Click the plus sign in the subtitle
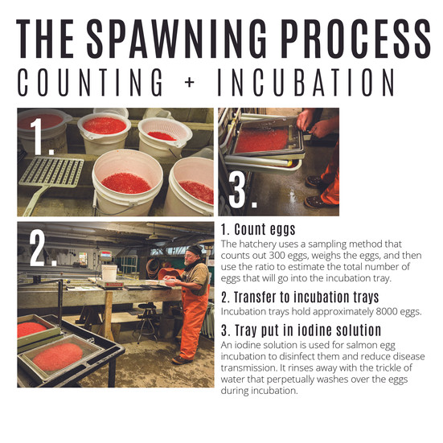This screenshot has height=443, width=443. pyautogui.click(x=190, y=82)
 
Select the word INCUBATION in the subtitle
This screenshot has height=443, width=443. pyautogui.click(x=306, y=82)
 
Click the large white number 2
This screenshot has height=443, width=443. pyautogui.click(x=40, y=248)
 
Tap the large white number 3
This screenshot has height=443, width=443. pyautogui.click(x=241, y=190)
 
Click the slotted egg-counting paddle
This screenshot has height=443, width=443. pyautogui.click(x=49, y=177)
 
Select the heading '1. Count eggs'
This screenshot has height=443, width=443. pyautogui.click(x=258, y=229)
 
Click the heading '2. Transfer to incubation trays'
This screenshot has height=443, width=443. pyautogui.click(x=300, y=297)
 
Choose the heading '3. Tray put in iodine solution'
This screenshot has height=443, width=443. pyautogui.click(x=301, y=330)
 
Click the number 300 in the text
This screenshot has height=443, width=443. pyautogui.click(x=277, y=256)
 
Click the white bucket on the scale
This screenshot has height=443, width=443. pyautogui.click(x=109, y=273)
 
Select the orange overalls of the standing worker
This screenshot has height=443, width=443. pyautogui.click(x=193, y=322)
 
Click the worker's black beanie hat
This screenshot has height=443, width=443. pyautogui.click(x=195, y=249)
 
